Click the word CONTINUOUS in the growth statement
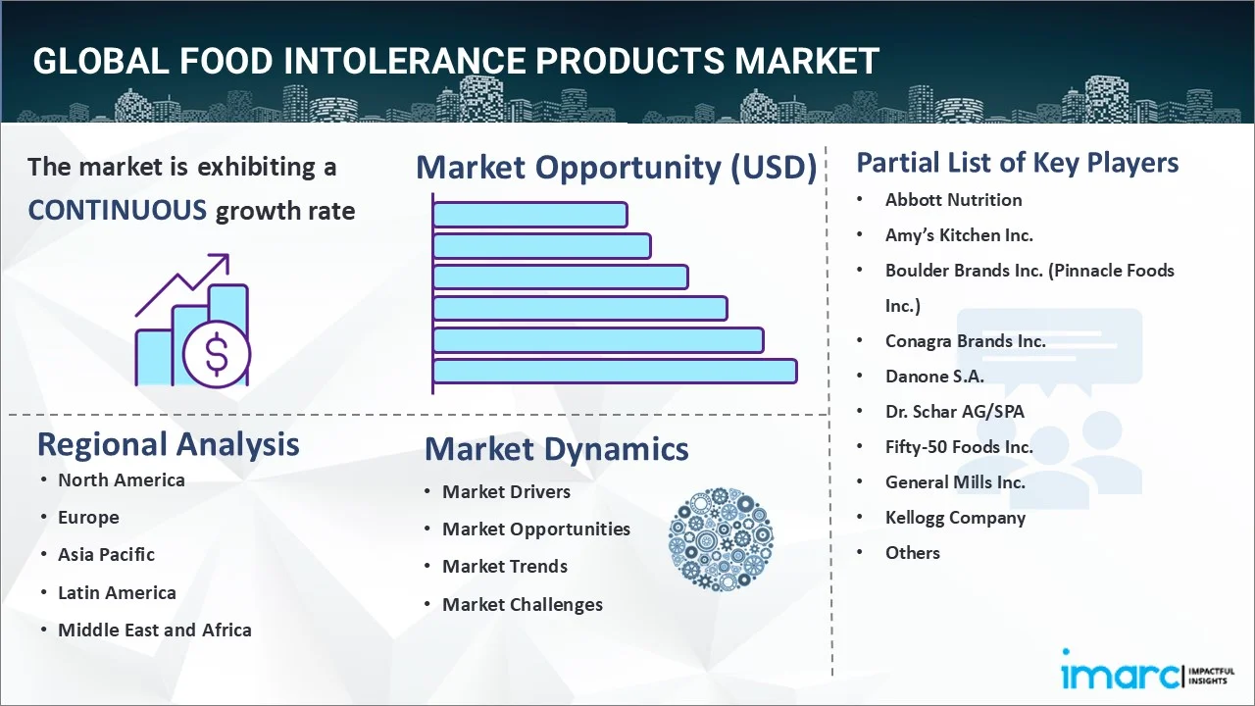point(117,210)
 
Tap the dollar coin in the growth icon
point(217,356)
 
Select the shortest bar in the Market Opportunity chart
point(529,214)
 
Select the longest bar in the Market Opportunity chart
point(615,371)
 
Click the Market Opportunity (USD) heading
point(616,168)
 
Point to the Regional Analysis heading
point(168,444)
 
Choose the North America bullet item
point(121,479)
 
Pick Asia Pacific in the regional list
point(106,554)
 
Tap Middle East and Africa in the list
point(154,630)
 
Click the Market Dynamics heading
point(556,449)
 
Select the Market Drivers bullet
point(506,491)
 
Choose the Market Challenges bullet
point(522,604)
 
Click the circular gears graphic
point(721,539)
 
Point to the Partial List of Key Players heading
point(1017,162)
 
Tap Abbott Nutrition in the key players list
point(953,200)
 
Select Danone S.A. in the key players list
point(933,376)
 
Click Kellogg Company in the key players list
point(955,518)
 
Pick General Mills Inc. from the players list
point(955,481)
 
